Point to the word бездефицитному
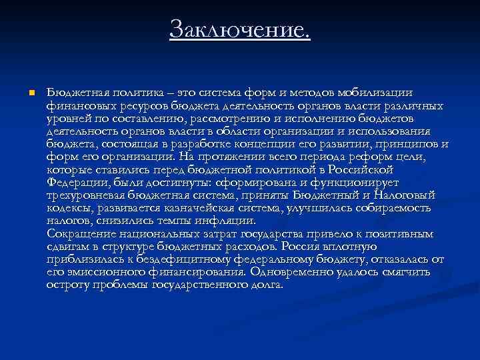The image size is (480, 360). point(173,259)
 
